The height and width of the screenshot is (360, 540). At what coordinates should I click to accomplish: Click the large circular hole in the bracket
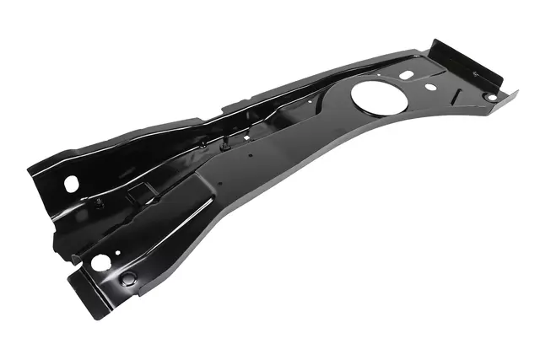pos(372,95)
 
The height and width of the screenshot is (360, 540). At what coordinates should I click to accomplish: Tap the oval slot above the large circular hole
pos(407,74)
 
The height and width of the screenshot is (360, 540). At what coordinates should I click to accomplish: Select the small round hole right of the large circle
pos(430,87)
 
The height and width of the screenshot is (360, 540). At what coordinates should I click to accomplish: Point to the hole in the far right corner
pos(489,96)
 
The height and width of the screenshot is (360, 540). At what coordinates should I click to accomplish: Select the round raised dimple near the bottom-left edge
pos(128,278)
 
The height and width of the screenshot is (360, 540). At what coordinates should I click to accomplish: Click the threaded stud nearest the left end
pos(100,203)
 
